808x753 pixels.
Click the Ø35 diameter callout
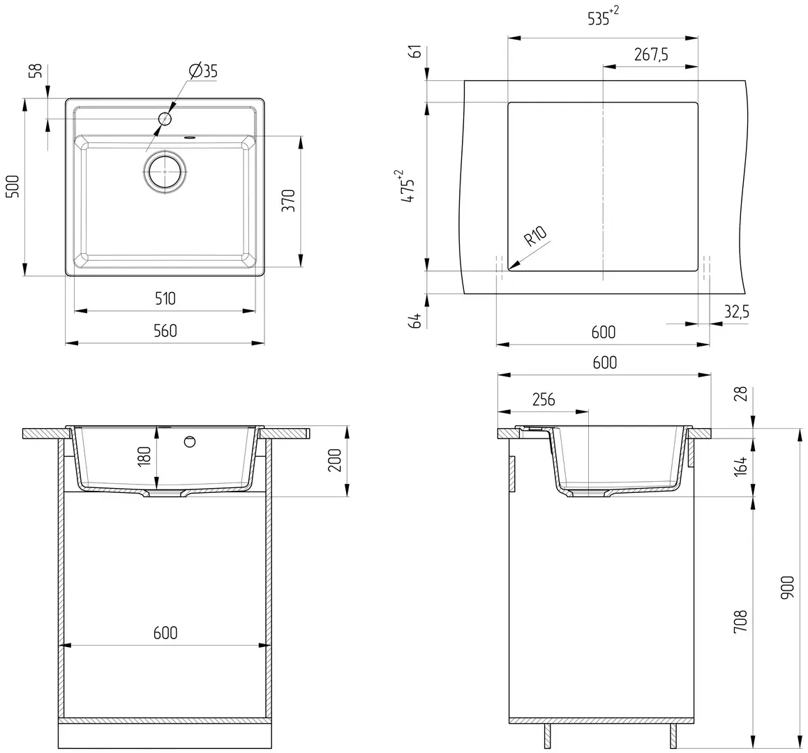click(203, 70)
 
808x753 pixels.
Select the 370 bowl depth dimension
click(289, 200)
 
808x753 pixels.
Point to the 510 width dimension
click(165, 298)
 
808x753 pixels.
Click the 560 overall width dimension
click(165, 330)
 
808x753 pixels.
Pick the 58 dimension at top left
click(35, 71)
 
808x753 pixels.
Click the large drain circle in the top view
click(165, 172)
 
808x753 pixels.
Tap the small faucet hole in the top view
click(165, 119)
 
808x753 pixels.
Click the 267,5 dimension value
click(651, 54)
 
